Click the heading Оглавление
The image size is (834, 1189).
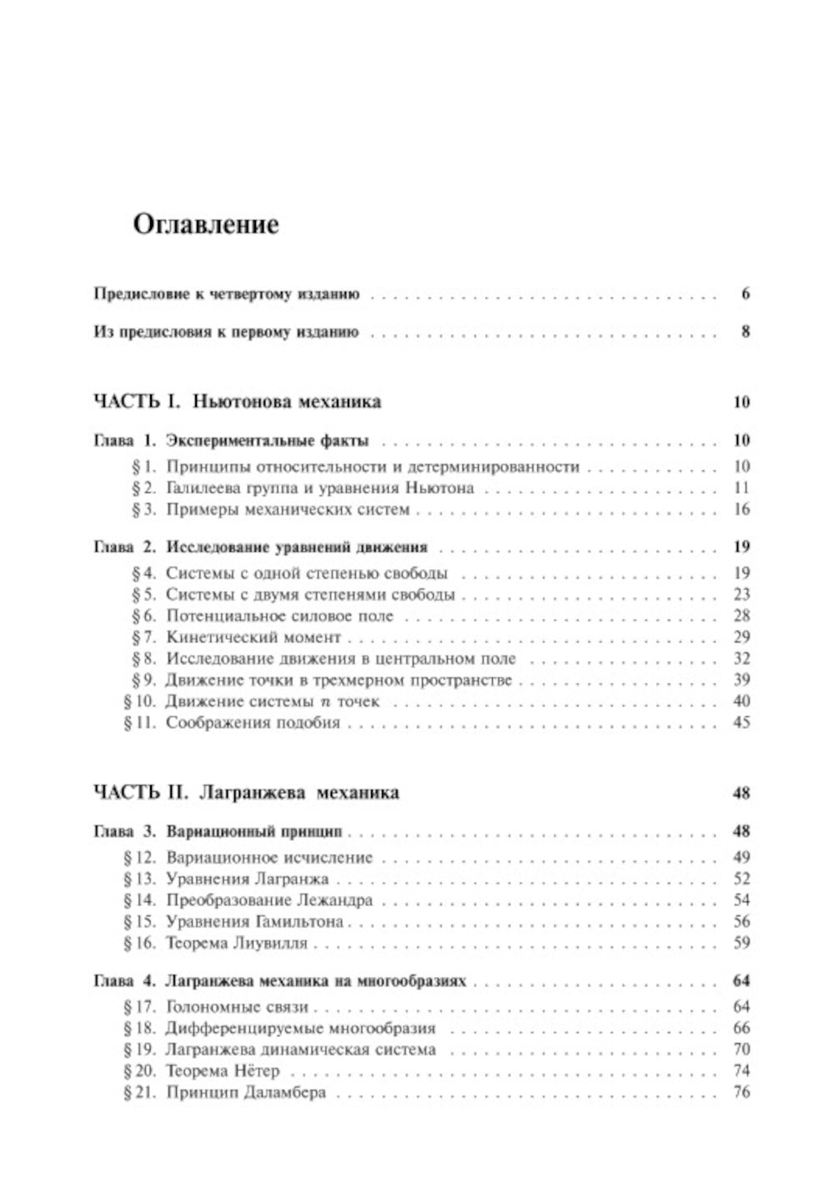(x=206, y=224)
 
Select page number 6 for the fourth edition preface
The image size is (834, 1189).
(x=745, y=294)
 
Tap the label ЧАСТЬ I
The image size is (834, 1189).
(x=137, y=401)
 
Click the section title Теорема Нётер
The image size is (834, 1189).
(x=223, y=1071)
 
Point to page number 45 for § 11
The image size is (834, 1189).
(x=741, y=722)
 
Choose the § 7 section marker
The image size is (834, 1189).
(x=145, y=637)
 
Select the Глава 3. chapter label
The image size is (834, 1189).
(x=124, y=831)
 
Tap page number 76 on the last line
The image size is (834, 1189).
(x=741, y=1092)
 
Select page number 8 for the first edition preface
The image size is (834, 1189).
(x=745, y=331)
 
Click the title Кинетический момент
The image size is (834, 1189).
(x=254, y=637)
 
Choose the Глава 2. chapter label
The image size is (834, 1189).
(x=124, y=547)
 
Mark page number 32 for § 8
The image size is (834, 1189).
(x=741, y=658)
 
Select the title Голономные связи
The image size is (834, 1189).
(x=238, y=1006)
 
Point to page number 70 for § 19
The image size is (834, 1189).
(x=741, y=1049)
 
